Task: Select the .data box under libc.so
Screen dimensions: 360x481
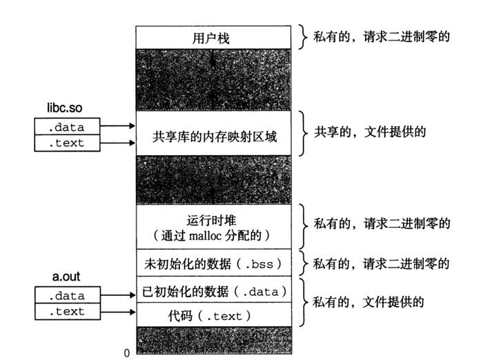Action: coord(68,126)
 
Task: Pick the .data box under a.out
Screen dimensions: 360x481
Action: coord(68,296)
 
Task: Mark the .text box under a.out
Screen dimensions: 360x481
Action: coord(68,312)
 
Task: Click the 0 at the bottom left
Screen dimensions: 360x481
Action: coord(127,352)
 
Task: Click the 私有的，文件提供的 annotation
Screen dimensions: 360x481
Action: coord(368,301)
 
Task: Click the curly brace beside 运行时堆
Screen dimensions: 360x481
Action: coord(303,223)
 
